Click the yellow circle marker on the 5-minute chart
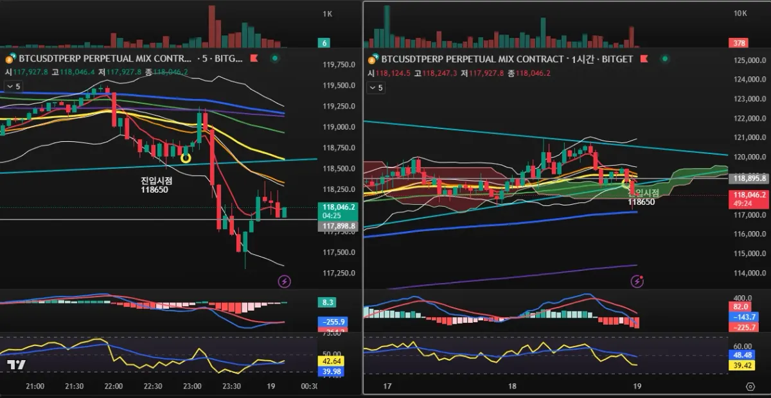186,157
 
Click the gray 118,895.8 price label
749,179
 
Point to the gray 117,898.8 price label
335,226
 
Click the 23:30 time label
231,386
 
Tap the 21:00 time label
35,386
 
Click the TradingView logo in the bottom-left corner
17,365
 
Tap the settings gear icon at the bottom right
750,386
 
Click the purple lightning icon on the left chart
284,281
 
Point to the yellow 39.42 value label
742,365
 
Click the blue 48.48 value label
742,355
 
